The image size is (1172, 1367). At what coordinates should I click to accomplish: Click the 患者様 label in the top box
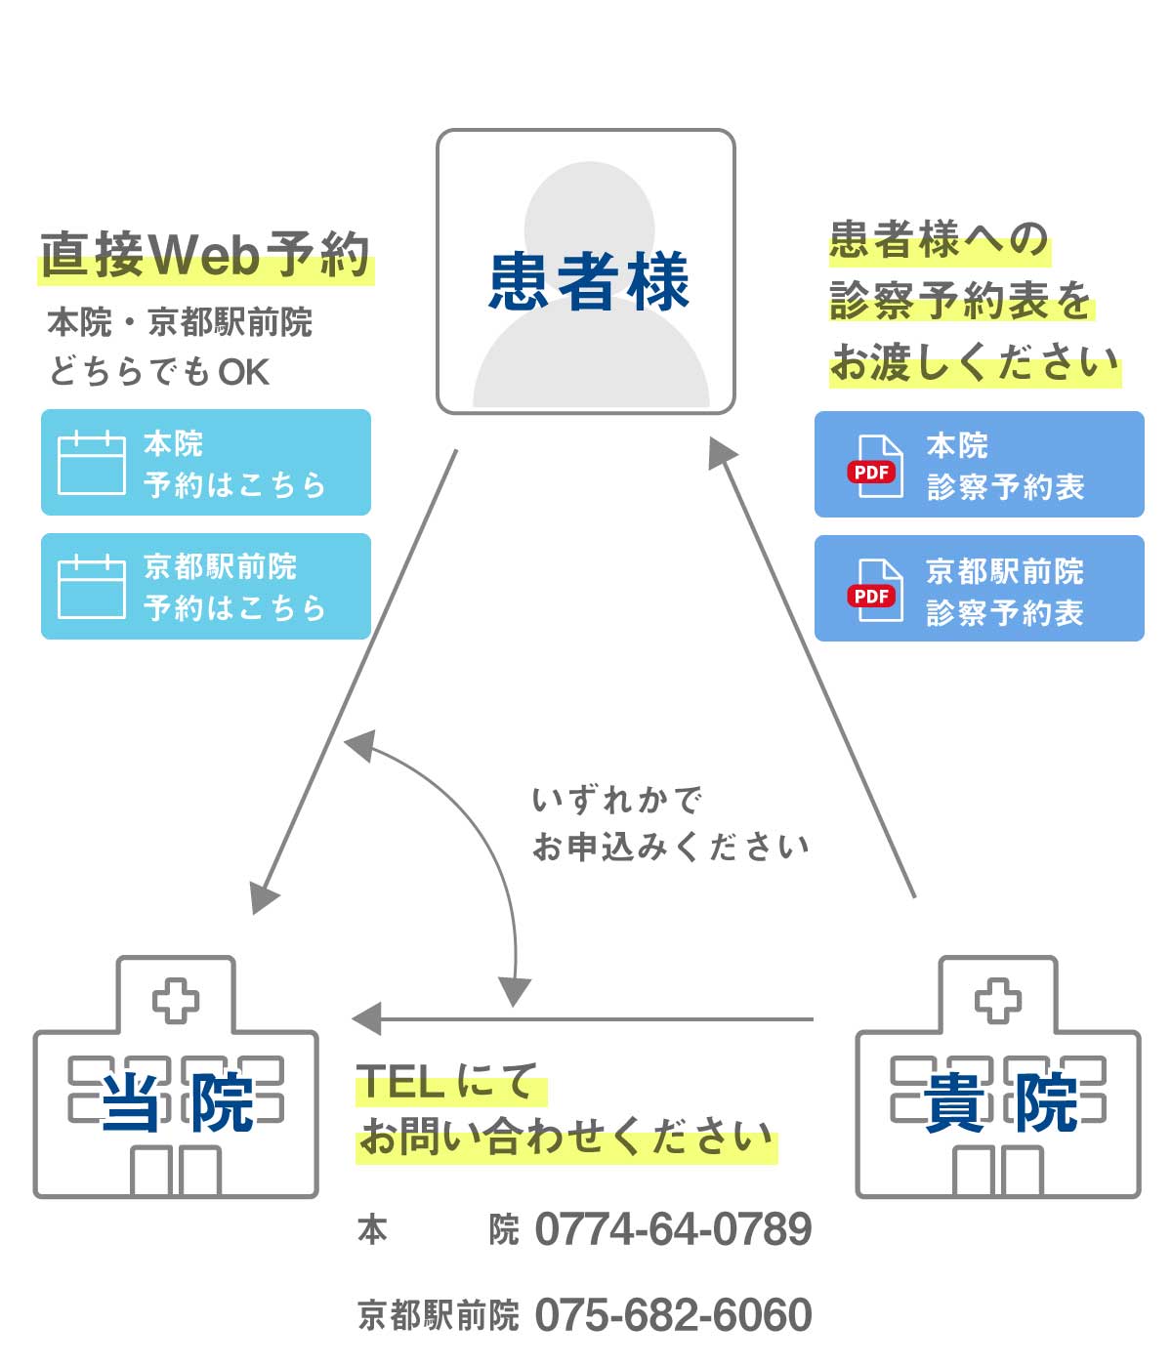tap(588, 281)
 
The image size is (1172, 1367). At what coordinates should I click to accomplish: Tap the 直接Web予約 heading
tap(205, 256)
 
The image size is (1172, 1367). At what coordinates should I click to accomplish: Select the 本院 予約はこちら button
tap(206, 463)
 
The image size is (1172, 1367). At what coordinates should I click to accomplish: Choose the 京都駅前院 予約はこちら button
tap(206, 586)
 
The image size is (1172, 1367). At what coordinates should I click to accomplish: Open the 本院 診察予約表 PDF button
tap(979, 465)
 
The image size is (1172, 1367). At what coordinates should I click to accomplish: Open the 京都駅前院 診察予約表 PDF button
tap(979, 589)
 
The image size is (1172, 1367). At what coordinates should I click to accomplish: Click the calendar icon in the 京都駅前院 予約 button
tap(92, 587)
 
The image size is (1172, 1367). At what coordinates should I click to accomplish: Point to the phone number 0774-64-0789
tap(673, 1229)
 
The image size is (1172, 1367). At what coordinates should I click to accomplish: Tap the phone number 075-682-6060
tap(673, 1315)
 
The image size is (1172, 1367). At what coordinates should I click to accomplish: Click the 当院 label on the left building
tap(177, 1103)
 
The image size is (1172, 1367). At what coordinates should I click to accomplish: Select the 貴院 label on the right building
tap(999, 1103)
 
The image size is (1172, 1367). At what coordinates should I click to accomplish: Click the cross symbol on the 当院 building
tap(176, 1001)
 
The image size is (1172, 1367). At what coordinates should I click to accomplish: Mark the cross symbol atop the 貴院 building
tap(998, 1001)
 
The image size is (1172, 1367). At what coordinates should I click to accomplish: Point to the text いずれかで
tap(616, 801)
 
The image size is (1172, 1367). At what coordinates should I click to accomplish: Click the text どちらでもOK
tap(158, 372)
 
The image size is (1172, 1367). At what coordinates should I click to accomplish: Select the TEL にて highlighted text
tap(447, 1082)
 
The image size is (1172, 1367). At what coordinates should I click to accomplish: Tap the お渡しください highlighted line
tap(974, 363)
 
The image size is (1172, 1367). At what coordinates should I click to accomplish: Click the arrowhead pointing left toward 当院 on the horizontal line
tap(366, 1019)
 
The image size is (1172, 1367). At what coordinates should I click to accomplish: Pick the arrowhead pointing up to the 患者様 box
tap(722, 451)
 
